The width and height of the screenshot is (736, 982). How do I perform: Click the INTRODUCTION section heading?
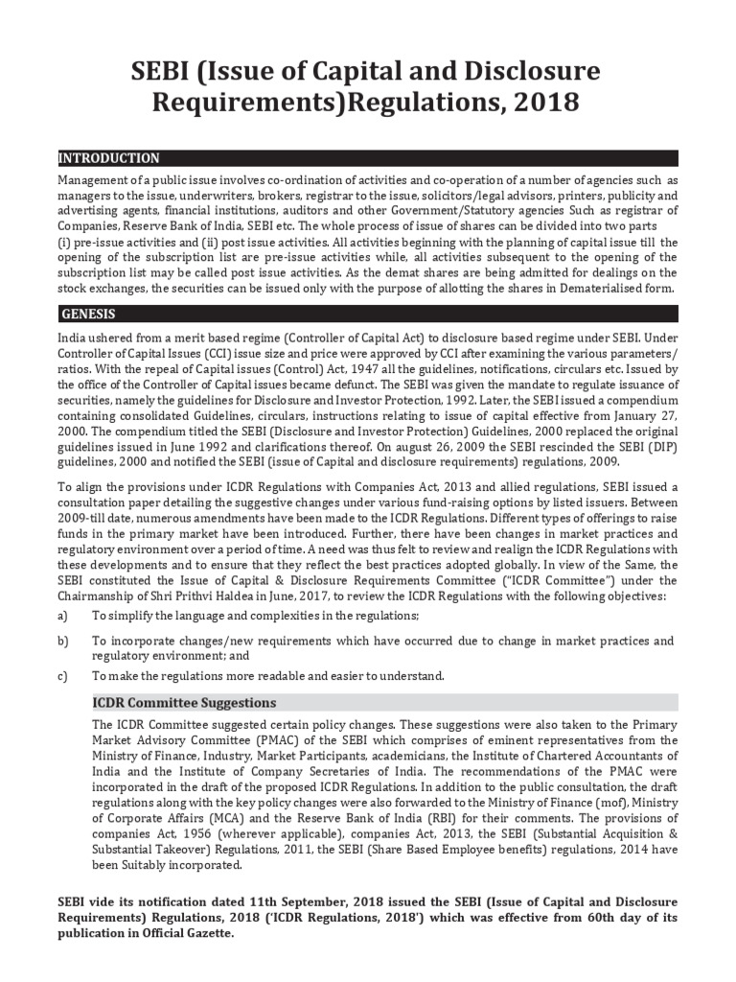coord(109,158)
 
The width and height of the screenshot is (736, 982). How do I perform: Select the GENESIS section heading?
coord(89,314)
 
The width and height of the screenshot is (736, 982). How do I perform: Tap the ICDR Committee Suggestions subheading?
coord(184,703)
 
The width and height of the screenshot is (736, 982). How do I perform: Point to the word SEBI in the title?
coord(164,71)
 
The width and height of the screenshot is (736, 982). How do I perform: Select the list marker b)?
coord(63,641)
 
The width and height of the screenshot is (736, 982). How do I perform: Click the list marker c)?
coord(63,676)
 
